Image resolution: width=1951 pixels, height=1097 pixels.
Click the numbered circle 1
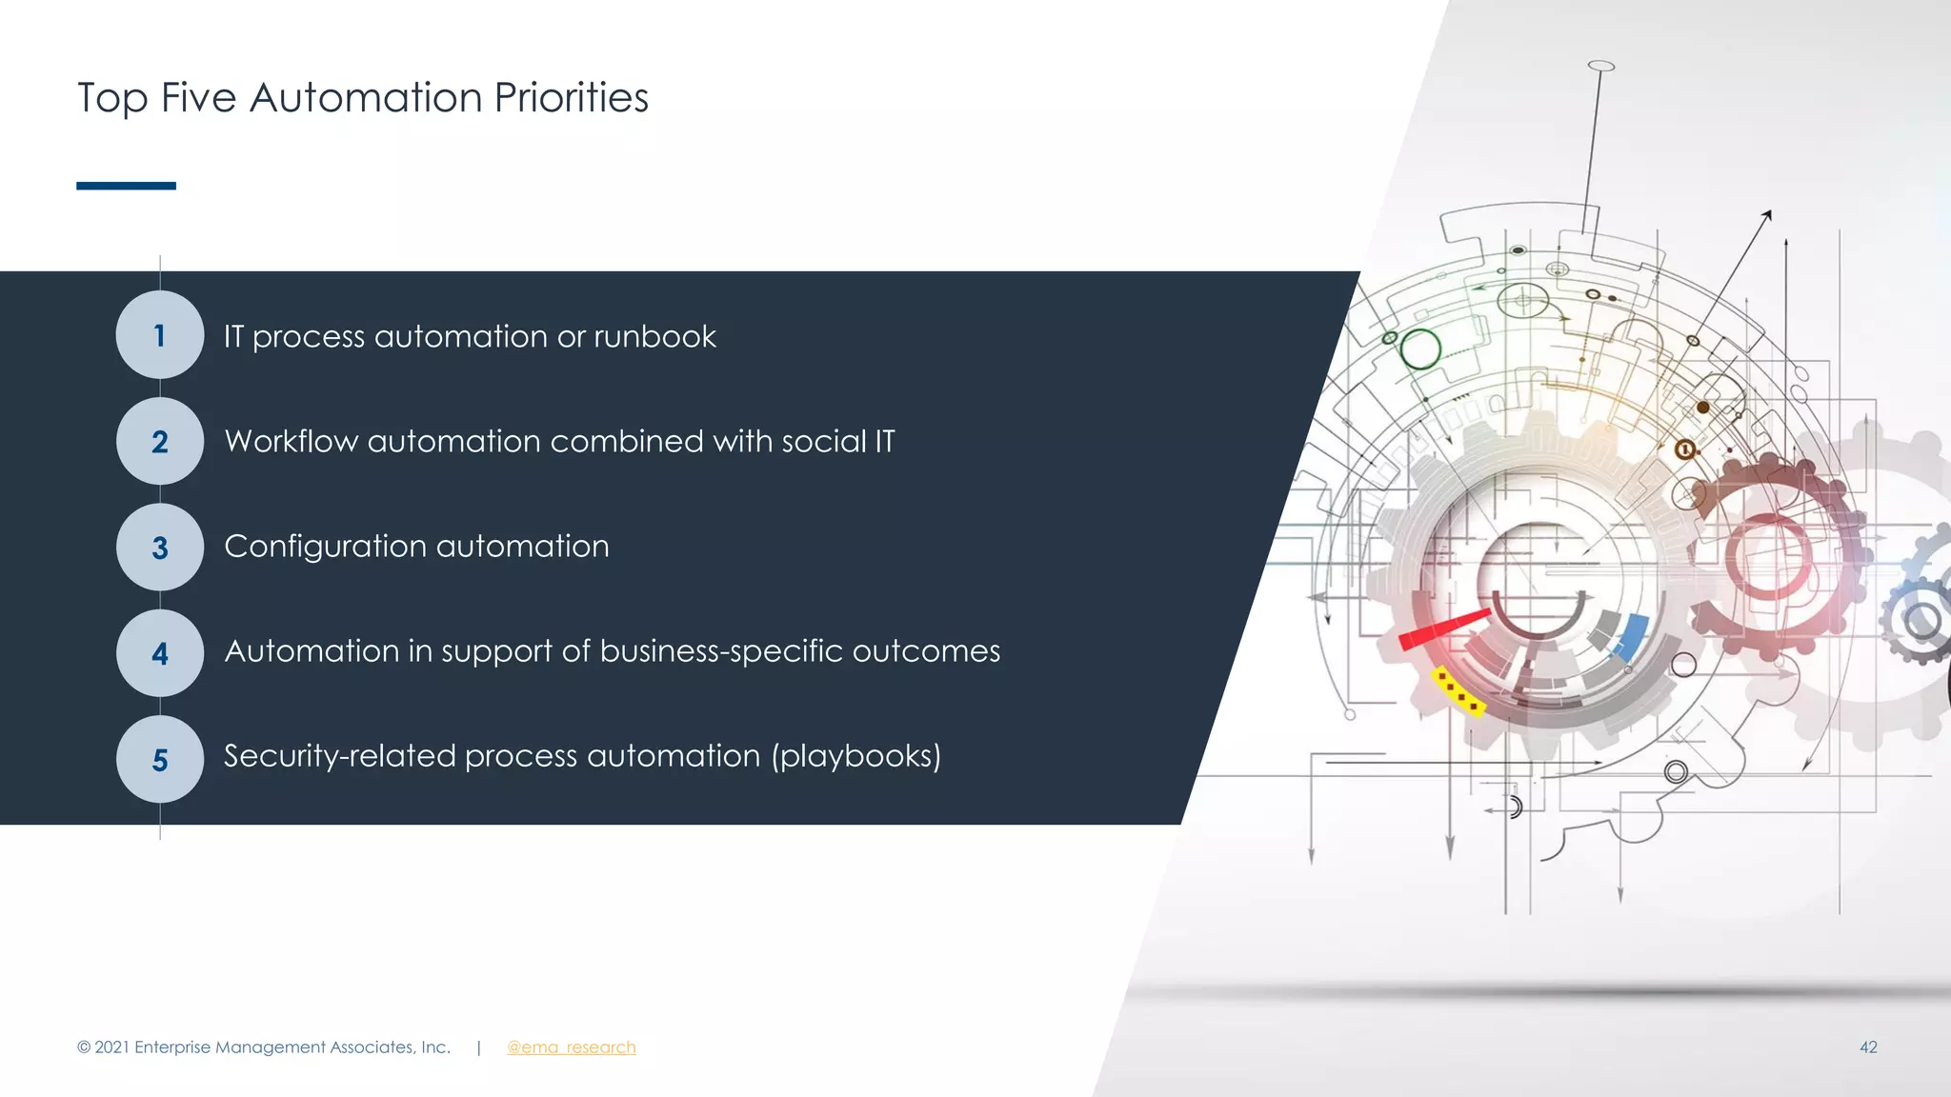pyautogui.click(x=160, y=335)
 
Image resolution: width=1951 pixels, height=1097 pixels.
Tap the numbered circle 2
pyautogui.click(x=160, y=441)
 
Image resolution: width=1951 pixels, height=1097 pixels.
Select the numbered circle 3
pyautogui.click(x=160, y=548)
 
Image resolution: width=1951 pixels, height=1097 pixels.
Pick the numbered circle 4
pyautogui.click(x=160, y=653)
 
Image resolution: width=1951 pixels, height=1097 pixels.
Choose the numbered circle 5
pyautogui.click(x=160, y=759)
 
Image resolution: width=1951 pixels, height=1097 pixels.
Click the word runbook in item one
pyautogui.click(x=654, y=336)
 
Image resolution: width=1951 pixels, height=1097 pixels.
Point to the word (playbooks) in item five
pyautogui.click(x=855, y=756)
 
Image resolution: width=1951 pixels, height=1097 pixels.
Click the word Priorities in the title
pyautogui.click(x=571, y=98)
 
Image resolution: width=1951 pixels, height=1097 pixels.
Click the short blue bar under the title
pyautogui.click(x=126, y=186)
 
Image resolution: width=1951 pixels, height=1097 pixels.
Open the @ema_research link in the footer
pyautogui.click(x=571, y=1047)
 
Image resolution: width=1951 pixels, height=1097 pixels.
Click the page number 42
pyautogui.click(x=1867, y=1047)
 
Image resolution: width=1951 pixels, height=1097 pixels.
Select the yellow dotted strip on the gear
pyautogui.click(x=1458, y=692)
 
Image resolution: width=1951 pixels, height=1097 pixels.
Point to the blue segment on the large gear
pyautogui.click(x=1631, y=636)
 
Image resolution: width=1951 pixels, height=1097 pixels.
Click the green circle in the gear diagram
pyautogui.click(x=1420, y=349)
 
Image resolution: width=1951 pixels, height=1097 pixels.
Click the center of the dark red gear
pyautogui.click(x=1768, y=557)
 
